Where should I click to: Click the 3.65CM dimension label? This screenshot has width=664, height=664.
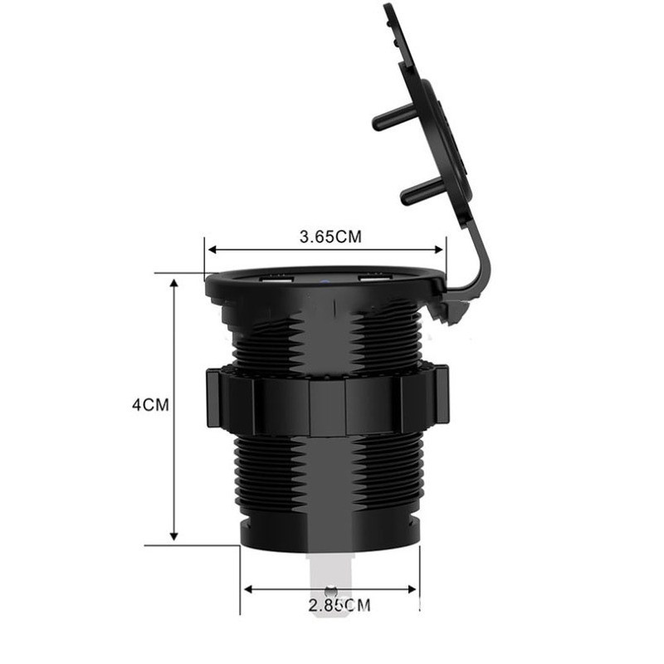(x=330, y=236)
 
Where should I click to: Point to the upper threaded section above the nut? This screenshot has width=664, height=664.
(x=328, y=340)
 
